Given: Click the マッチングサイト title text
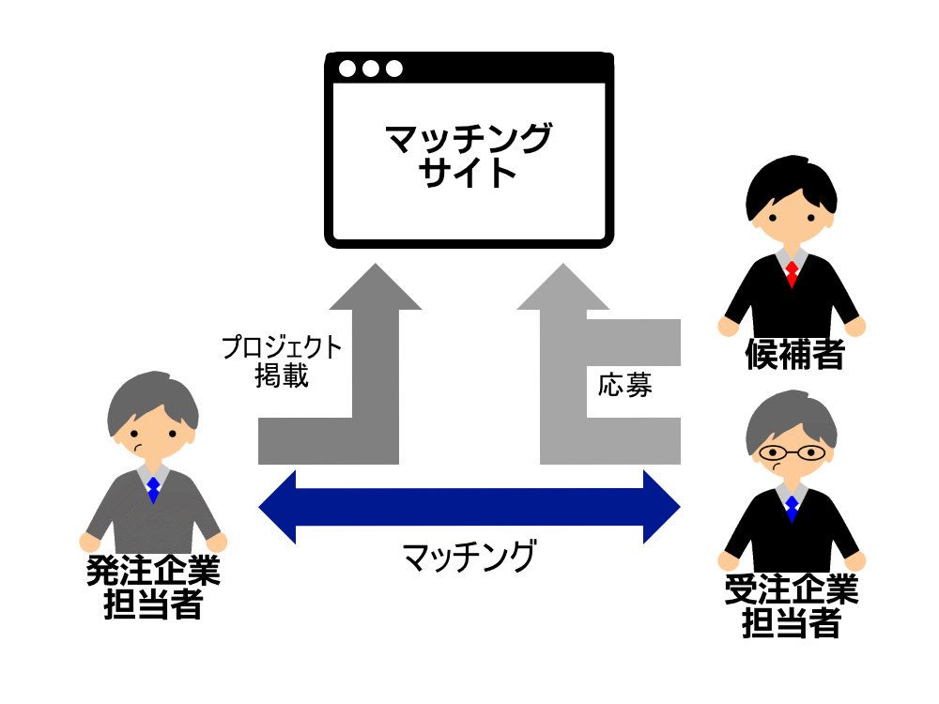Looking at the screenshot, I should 469,156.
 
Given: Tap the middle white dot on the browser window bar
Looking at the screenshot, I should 371,69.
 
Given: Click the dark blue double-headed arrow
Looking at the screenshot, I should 469,507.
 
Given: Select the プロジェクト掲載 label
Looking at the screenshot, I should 282,361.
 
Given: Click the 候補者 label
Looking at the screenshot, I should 794,355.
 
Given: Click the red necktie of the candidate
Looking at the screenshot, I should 792,273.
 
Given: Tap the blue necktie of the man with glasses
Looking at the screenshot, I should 792,508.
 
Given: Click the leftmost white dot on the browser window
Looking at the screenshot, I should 347,69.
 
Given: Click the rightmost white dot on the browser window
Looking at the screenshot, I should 394,69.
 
